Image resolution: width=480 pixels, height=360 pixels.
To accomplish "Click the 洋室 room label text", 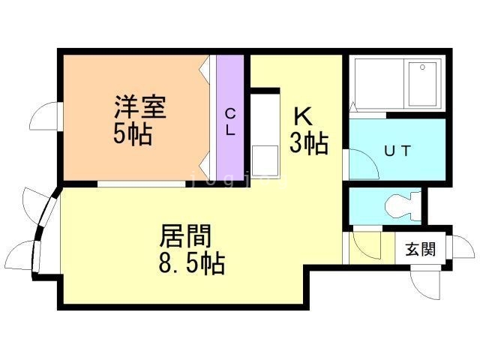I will (140, 106).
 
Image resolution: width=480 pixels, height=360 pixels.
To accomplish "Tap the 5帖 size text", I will (134, 135).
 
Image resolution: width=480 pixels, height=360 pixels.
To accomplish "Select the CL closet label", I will (231, 121).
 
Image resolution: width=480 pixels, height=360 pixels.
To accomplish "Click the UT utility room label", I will (397, 151).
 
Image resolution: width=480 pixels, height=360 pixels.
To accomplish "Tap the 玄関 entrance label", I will (420, 250).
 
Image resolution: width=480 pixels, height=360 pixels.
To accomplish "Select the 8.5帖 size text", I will (192, 264).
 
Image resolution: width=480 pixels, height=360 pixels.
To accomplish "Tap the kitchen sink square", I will (263, 160).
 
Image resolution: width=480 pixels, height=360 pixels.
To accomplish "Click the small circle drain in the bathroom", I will (424, 67).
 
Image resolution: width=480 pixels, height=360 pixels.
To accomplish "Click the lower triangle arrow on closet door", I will (203, 163).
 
